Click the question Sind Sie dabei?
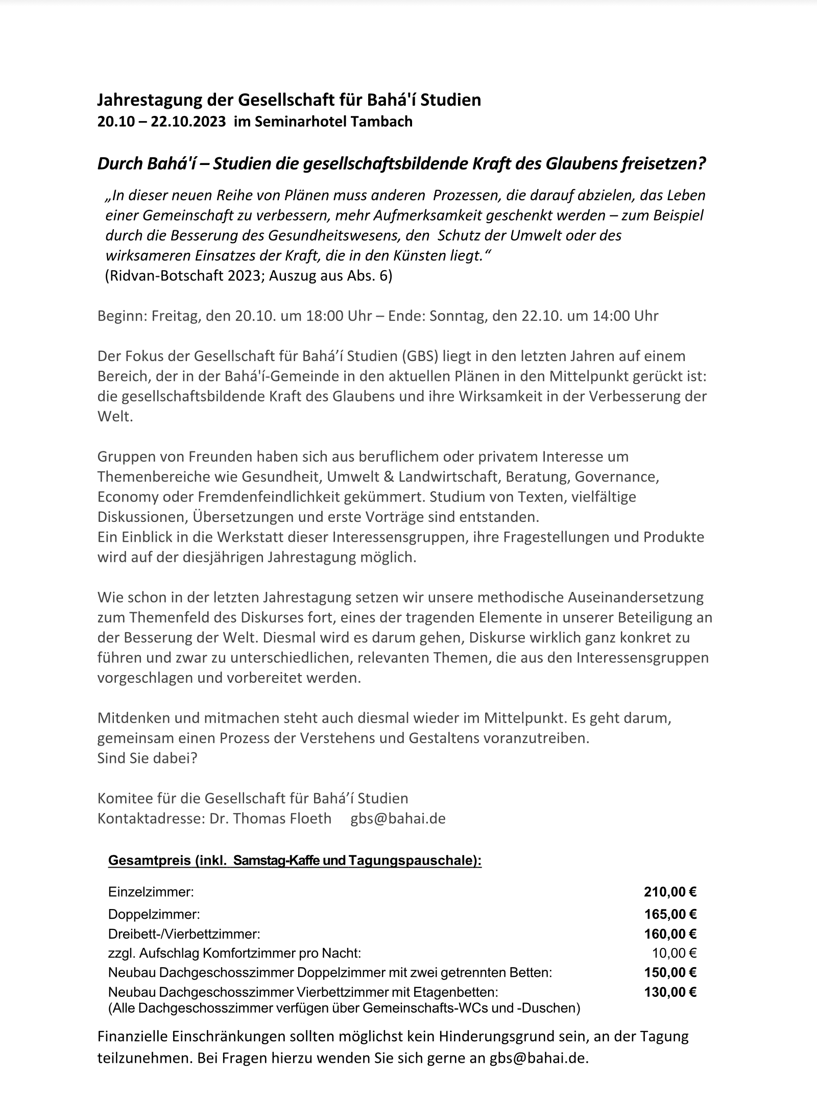pyautogui.click(x=147, y=758)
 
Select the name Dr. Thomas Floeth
pyautogui.click(x=270, y=818)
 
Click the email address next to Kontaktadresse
pyautogui.click(x=398, y=818)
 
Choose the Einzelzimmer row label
pyautogui.click(x=151, y=892)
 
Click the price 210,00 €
pyautogui.click(x=670, y=892)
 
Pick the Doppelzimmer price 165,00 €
pyautogui.click(x=670, y=914)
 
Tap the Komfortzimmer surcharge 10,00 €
pyautogui.click(x=674, y=953)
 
